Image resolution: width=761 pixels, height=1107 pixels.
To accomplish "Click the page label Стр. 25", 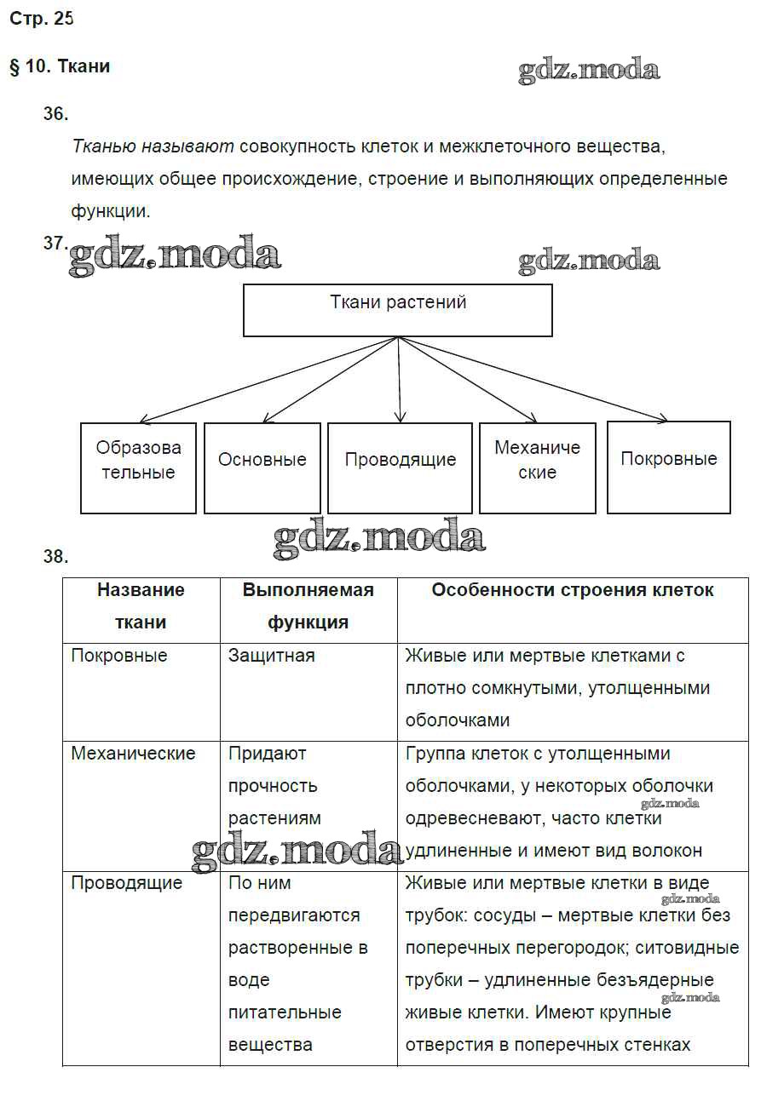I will pos(41,20).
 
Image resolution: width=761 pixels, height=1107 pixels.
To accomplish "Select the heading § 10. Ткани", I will pos(60,66).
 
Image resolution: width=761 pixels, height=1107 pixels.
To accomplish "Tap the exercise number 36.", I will pos(55,113).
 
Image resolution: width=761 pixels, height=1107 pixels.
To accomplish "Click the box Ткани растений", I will pos(398,310).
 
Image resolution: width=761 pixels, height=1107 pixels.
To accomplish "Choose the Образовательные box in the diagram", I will pos(138,467).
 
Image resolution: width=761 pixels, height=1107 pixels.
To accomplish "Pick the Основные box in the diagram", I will pos(262,467).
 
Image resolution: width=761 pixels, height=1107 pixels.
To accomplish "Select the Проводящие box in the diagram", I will pos(400,467).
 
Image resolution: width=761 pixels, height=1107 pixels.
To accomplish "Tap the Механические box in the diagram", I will pos(537,467).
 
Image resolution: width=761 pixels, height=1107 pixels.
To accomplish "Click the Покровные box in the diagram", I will pos(668,467).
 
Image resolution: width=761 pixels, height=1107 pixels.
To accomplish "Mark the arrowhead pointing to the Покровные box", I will pos(663,418).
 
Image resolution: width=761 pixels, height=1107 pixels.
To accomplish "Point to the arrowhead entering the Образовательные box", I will pos(144,420).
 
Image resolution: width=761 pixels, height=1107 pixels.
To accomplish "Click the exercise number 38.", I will pos(55,557).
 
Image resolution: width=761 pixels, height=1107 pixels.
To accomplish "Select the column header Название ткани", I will pos(141,605).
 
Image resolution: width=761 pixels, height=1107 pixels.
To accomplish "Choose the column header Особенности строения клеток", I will pos(572,590).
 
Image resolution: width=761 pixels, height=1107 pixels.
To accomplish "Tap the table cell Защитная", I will pos(271,656).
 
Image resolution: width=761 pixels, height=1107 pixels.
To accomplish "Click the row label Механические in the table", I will pos(133,754).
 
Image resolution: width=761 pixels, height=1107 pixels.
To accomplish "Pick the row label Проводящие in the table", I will pos(126,883).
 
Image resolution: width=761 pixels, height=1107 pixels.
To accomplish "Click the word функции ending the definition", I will pos(111,211).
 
